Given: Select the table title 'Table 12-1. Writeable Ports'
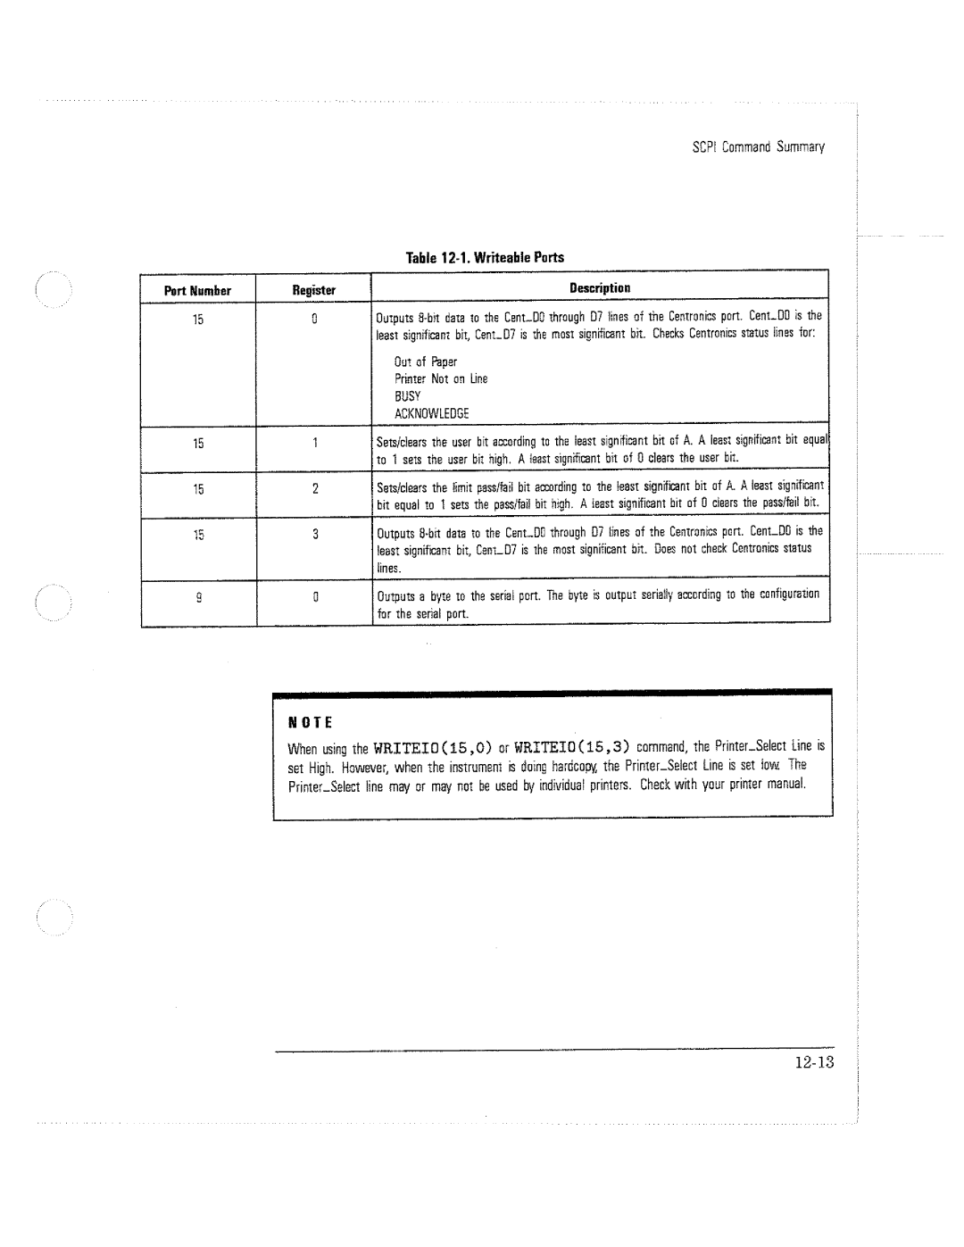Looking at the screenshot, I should point(486,258).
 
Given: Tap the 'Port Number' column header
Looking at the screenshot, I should point(197,291).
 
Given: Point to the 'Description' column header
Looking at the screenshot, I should point(600,288).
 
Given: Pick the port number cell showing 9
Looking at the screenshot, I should point(197,596).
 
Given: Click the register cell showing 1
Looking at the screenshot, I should point(315,443).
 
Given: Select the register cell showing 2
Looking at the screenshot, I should point(315,489).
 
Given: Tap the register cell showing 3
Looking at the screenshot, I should point(315,535).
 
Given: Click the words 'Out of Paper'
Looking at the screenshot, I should point(425,362).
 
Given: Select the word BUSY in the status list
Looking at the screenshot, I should point(407,396).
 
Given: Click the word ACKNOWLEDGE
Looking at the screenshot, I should point(431,413).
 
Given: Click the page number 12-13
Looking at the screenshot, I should point(811,1062).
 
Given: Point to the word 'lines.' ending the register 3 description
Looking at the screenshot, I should point(388,569).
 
